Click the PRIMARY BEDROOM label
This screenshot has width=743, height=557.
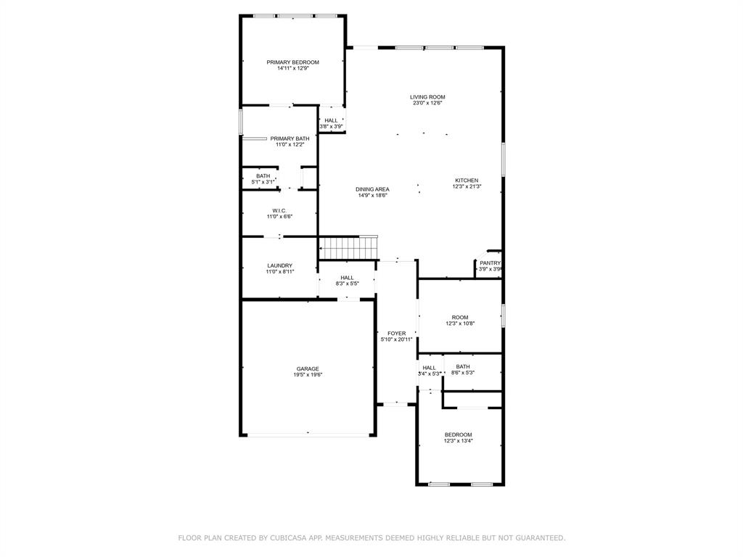tap(292, 62)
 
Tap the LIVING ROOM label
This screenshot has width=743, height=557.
tap(427, 96)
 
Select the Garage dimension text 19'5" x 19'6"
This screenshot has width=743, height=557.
tap(308, 375)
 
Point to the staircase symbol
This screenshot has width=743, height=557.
tap(349, 247)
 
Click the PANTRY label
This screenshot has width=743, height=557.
tap(490, 263)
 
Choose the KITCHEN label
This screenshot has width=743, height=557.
tap(467, 181)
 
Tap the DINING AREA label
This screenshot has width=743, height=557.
tap(372, 189)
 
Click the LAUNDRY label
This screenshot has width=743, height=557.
tap(279, 265)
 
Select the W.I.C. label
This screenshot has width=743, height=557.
tap(279, 210)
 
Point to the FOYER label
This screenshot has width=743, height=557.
tap(396, 334)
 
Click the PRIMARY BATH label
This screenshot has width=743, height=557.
tap(290, 139)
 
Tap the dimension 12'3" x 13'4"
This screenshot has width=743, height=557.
tap(458, 441)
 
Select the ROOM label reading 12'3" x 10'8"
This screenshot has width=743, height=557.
tap(460, 318)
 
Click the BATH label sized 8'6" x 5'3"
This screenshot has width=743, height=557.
tap(462, 367)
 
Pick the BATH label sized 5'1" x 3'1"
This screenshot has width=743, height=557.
tap(263, 176)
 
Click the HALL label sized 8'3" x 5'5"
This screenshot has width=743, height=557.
tap(347, 278)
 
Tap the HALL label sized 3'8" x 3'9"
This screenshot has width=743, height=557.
tap(331, 120)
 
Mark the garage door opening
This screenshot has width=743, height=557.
tap(308, 434)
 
